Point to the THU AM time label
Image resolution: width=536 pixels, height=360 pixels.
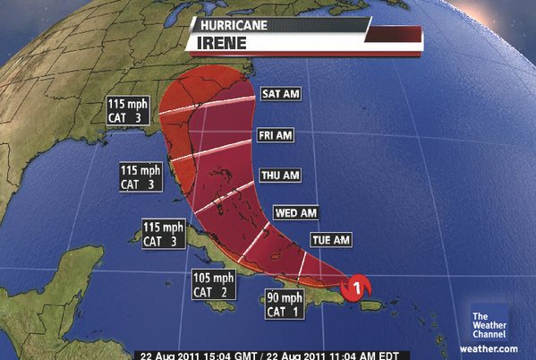278,176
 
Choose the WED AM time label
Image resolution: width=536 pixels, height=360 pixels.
297,214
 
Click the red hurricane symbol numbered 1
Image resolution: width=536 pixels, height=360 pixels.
357,287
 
